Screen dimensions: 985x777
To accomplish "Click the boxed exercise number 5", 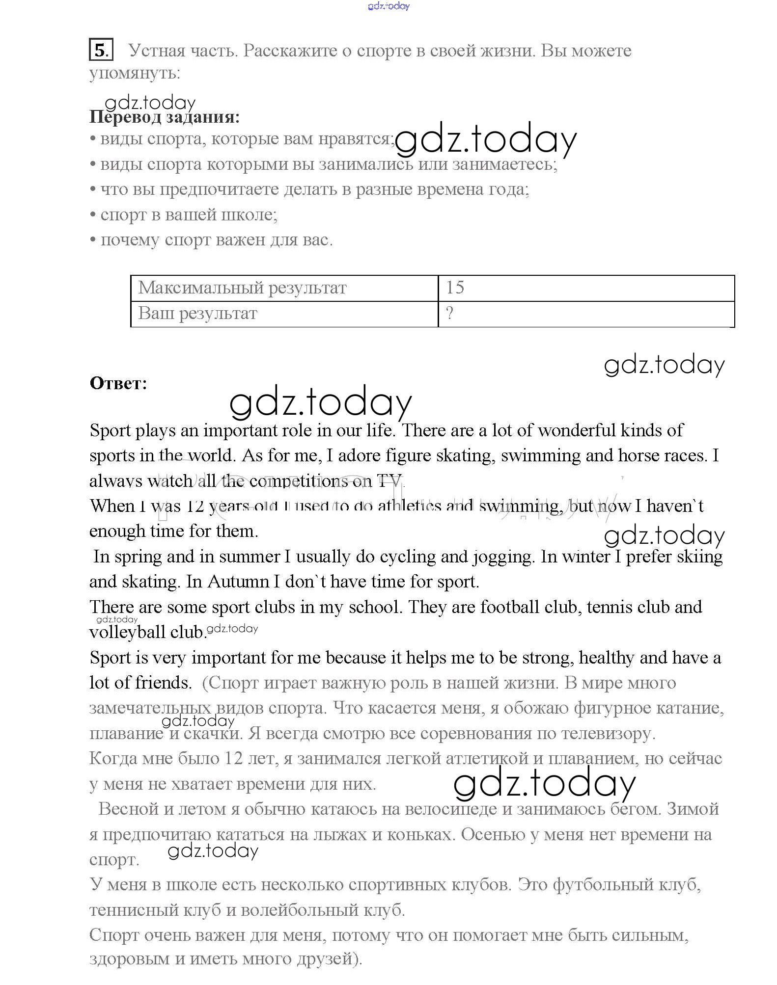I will [x=101, y=50].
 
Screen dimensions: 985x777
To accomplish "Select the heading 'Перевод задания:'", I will [x=165, y=117].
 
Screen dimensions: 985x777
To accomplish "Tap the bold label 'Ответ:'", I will [x=118, y=383].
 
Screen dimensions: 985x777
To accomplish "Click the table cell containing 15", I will [x=586, y=288].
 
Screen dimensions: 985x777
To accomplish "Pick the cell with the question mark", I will [x=586, y=314].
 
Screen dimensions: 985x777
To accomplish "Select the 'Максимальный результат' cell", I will [x=284, y=288].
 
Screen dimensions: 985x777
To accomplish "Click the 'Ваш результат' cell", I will [x=284, y=314].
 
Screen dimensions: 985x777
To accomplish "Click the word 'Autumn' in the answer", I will [x=238, y=582].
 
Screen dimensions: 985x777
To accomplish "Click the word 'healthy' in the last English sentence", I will [x=607, y=658].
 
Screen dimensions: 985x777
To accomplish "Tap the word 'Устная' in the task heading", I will [x=157, y=51].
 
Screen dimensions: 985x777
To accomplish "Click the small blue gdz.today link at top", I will [x=388, y=6].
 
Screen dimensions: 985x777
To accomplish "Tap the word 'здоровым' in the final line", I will [x=129, y=958].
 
